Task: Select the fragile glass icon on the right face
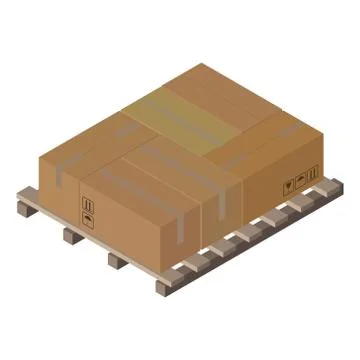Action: pyautogui.click(x=288, y=186)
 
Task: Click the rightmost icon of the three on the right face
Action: pyautogui.click(x=311, y=174)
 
